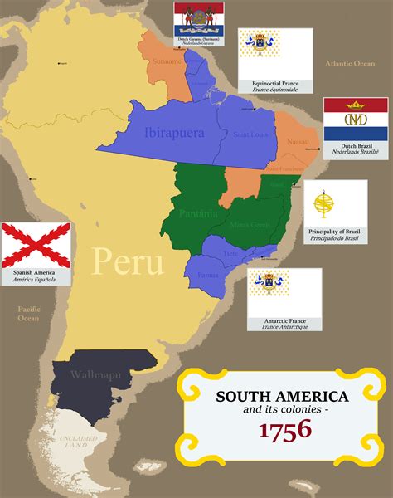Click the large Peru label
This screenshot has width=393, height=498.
tap(128, 261)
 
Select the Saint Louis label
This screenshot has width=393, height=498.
tap(250, 134)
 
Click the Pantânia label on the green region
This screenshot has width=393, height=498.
tap(198, 214)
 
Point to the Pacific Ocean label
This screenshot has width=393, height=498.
tap(29, 313)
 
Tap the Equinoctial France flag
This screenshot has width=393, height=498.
tap(275, 51)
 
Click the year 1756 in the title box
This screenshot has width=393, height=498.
tap(284, 429)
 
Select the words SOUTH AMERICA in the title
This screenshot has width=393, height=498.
tap(282, 398)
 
